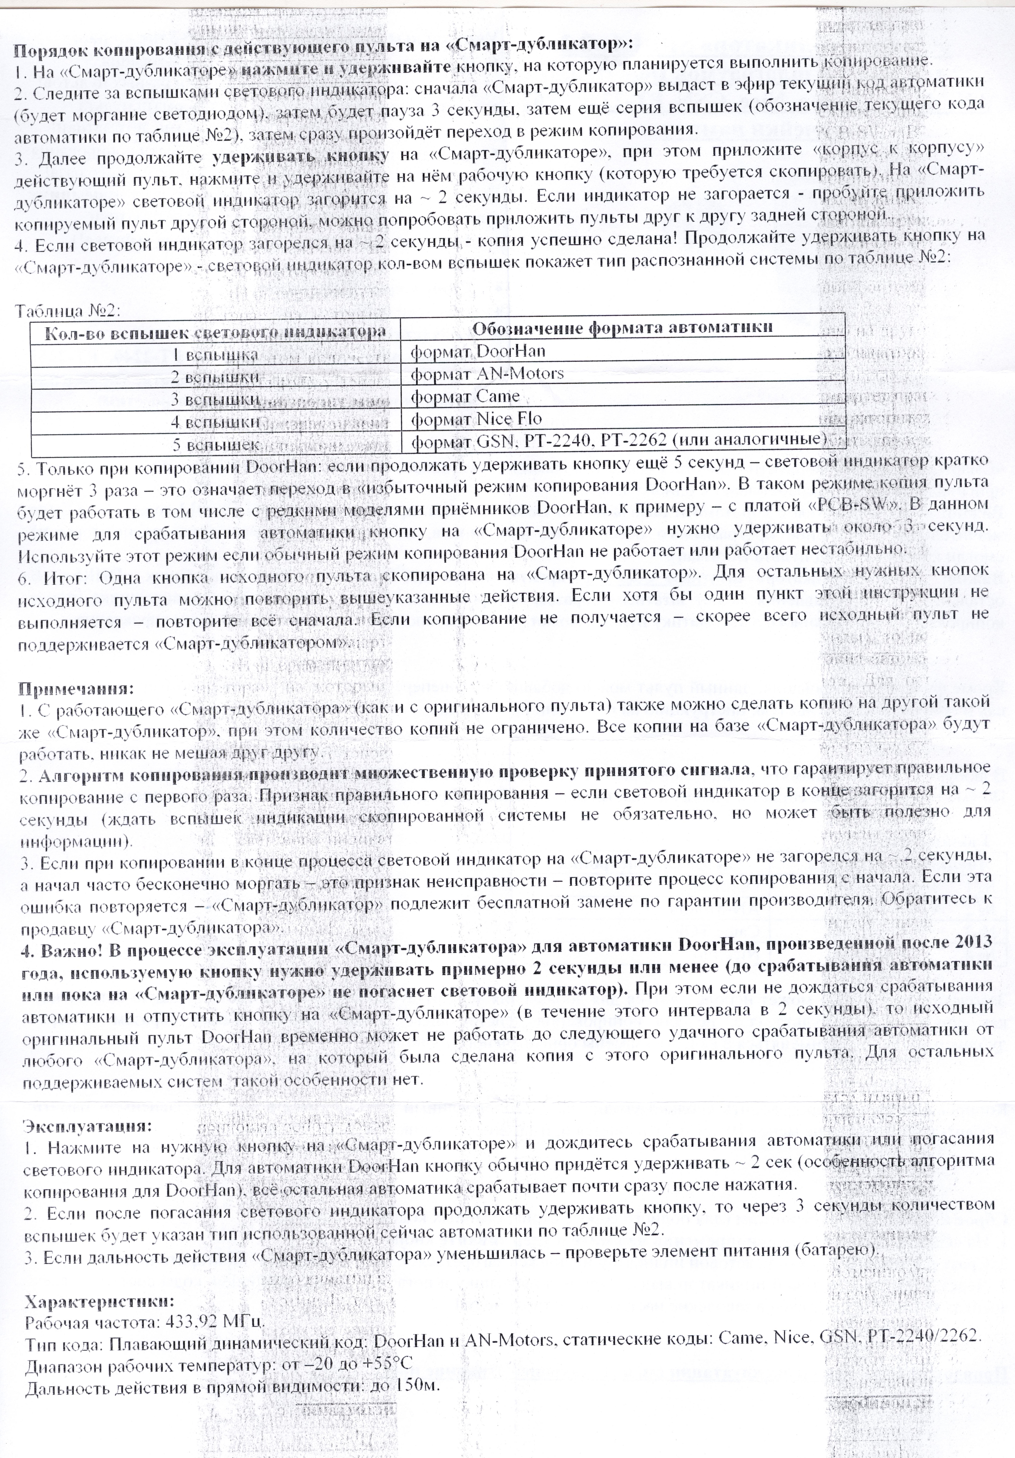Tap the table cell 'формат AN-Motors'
click(x=487, y=373)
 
